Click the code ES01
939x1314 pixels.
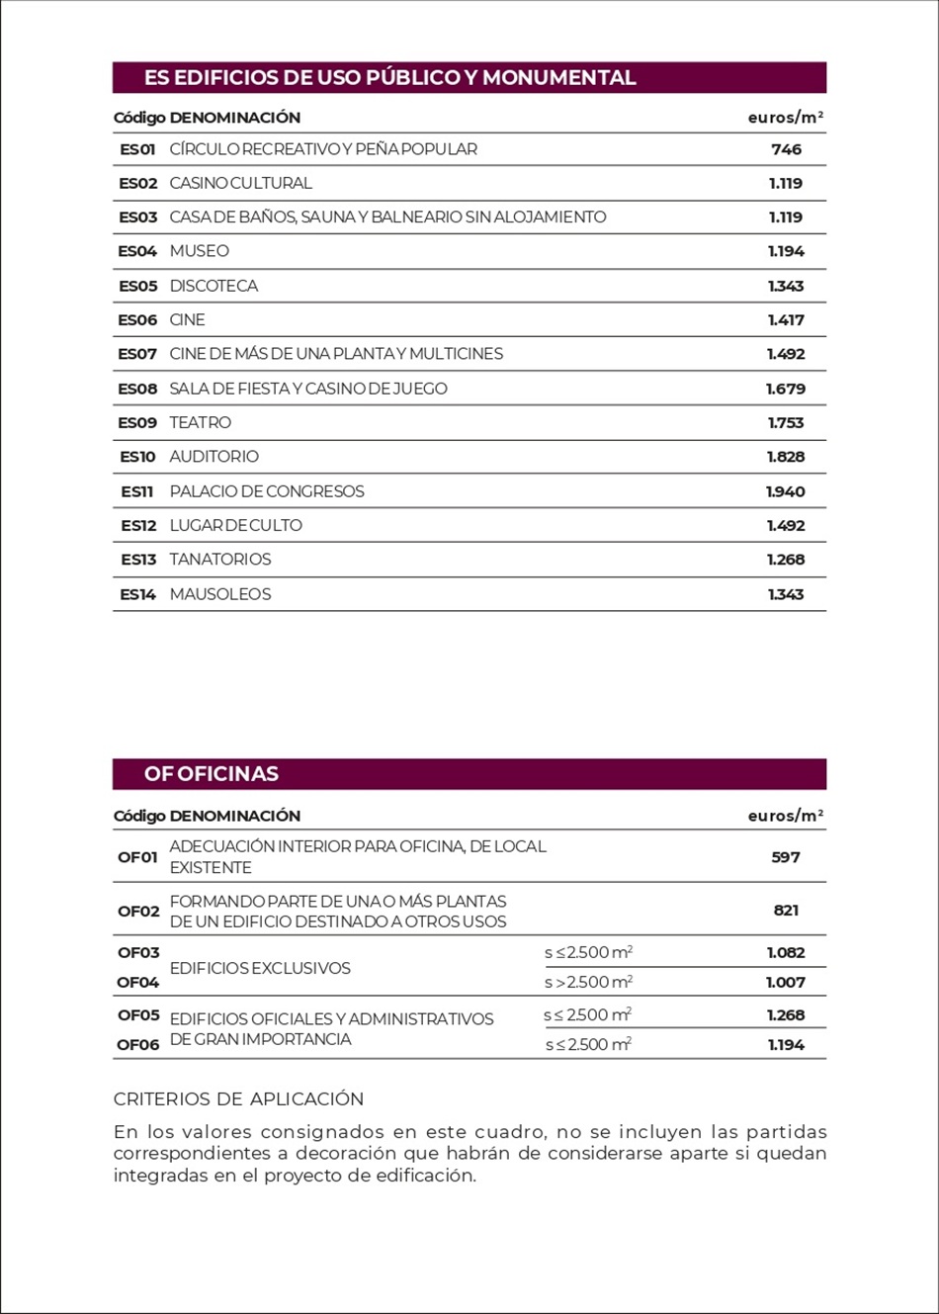(137, 149)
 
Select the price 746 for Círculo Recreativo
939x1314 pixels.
(786, 149)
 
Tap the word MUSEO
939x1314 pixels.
(199, 251)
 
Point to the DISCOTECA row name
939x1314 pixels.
(213, 286)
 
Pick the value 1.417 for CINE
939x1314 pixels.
(786, 320)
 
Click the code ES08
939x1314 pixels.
(137, 389)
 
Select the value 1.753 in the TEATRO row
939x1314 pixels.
(786, 423)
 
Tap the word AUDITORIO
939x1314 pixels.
(213, 457)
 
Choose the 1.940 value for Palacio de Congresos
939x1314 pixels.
(786, 491)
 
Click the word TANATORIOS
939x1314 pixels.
(219, 560)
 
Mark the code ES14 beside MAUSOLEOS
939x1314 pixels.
(137, 594)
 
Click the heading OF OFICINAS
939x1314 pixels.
(212, 774)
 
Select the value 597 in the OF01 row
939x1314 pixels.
(786, 857)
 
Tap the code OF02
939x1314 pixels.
(138, 911)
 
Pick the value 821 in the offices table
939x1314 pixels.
(786, 911)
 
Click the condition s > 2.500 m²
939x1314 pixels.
(588, 982)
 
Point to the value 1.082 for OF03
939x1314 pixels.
(786, 953)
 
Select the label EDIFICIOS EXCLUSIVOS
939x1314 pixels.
(260, 968)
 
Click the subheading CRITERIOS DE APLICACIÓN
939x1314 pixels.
(238, 1098)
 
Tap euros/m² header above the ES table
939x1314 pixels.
(786, 118)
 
